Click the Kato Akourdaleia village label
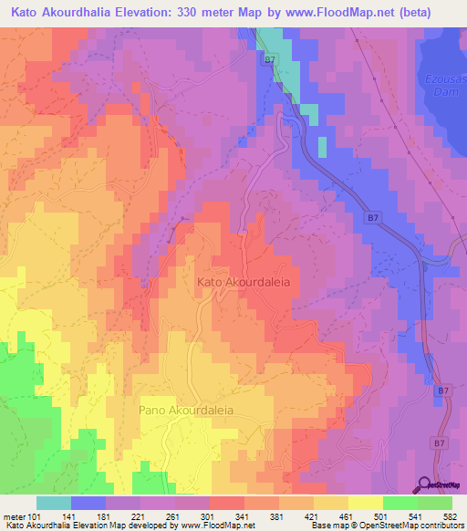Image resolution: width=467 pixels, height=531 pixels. coord(244,283)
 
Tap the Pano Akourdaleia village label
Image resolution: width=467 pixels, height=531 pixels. coord(186,411)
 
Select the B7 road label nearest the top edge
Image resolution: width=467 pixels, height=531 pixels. coord(269,60)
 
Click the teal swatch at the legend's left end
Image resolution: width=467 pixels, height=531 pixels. coord(54,503)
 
